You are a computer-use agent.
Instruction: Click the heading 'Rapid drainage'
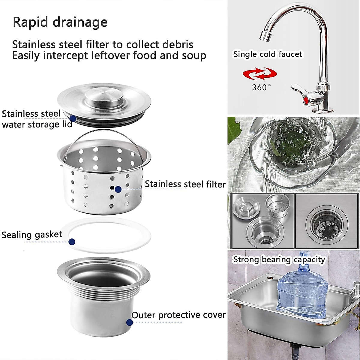(x=60, y=22)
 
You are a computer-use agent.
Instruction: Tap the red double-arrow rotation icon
(x=260, y=74)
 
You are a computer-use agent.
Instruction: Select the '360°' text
(x=261, y=88)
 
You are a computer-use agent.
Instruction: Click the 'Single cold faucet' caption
(x=268, y=54)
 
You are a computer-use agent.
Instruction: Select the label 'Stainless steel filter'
(x=185, y=184)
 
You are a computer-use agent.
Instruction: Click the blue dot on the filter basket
(x=118, y=189)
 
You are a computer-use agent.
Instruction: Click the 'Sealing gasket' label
(x=32, y=235)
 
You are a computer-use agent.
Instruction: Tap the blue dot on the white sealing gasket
(x=72, y=241)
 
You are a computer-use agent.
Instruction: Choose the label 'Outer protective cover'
(x=178, y=315)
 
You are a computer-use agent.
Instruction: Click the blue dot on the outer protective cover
(x=129, y=322)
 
